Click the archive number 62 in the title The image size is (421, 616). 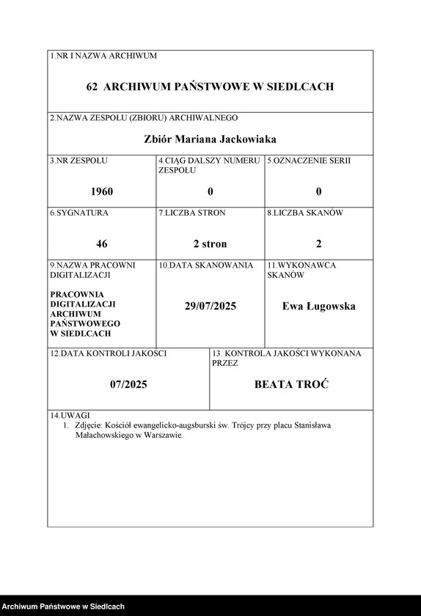pyautogui.click(x=92, y=87)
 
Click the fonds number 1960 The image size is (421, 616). pyautogui.click(x=102, y=191)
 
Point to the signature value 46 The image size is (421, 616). pyautogui.click(x=102, y=243)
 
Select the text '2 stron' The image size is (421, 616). pyautogui.click(x=210, y=243)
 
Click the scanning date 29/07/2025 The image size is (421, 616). pyautogui.click(x=210, y=307)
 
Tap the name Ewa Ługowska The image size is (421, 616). pyautogui.click(x=319, y=307)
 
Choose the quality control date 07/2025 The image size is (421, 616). pyautogui.click(x=128, y=384)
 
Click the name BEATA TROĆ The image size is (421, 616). pyautogui.click(x=291, y=384)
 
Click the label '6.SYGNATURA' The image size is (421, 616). pyautogui.click(x=79, y=213)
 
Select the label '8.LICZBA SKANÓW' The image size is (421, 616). pyautogui.click(x=305, y=213)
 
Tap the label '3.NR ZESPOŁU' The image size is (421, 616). pyautogui.click(x=78, y=160)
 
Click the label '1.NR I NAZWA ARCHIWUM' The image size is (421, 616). pyautogui.click(x=103, y=56)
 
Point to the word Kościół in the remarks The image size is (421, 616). pyautogui.click(x=121, y=425)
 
